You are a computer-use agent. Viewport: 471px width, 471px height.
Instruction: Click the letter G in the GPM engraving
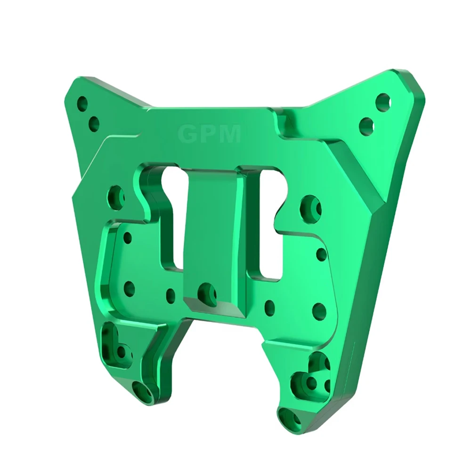point(187,134)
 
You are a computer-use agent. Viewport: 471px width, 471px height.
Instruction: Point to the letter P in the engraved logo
point(207,134)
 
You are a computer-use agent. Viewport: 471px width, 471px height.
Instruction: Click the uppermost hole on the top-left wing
point(82,103)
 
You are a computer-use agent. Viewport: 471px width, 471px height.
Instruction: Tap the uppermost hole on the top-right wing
point(383,102)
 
